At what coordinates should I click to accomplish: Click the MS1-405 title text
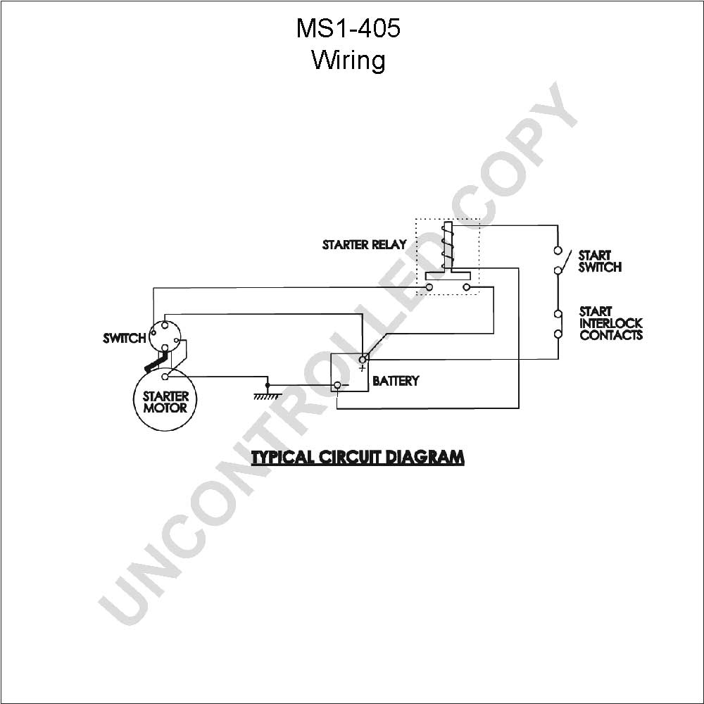348,28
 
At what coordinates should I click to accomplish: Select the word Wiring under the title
348,60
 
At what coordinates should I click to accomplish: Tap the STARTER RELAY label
364,245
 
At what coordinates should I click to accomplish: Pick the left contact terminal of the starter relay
429,287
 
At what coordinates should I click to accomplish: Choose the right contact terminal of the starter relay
467,287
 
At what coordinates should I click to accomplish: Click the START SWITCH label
600,261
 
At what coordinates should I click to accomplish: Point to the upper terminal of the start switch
558,250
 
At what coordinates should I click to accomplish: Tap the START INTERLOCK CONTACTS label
610,323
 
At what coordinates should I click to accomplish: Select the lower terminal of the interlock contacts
558,334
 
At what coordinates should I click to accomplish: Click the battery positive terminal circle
363,359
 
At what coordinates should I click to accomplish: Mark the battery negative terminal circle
337,385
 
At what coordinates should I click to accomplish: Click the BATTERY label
396,381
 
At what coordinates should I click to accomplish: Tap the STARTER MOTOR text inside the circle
165,402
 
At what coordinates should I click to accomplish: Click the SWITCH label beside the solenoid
125,338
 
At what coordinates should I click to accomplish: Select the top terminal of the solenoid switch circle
165,325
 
